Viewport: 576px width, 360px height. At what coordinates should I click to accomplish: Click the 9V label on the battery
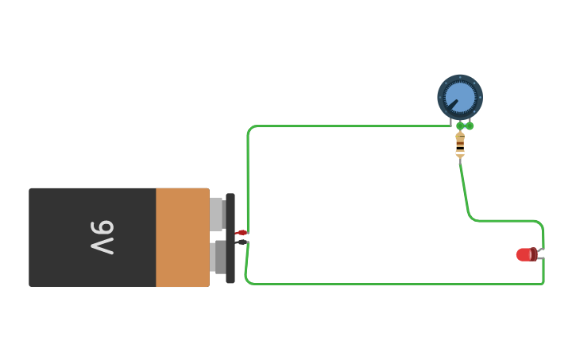pos(102,238)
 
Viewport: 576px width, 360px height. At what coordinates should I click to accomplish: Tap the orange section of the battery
pos(182,238)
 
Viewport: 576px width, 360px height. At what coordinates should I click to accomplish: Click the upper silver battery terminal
pos(216,214)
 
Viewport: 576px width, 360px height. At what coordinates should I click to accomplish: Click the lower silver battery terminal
pos(217,257)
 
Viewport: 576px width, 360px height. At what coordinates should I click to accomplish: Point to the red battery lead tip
pos(242,233)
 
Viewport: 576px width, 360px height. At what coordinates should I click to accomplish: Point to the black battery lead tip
pos(242,242)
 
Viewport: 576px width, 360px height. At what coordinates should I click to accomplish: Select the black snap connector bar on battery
pos(230,238)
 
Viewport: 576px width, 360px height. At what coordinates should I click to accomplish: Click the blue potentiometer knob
pos(461,97)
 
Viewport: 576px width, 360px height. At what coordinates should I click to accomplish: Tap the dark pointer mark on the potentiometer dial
pos(451,105)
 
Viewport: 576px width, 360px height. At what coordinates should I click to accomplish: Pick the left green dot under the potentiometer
pos(460,126)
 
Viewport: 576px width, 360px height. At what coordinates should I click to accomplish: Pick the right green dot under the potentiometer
pos(470,126)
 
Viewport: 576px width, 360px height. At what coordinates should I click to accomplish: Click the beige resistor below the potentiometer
pos(460,145)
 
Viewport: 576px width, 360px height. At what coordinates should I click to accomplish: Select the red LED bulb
pos(525,254)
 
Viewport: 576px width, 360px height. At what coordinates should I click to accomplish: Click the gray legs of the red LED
pos(540,254)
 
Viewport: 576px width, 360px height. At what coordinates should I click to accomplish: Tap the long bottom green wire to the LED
pos(397,284)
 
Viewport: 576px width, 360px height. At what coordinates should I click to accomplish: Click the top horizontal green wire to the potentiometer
pos(350,126)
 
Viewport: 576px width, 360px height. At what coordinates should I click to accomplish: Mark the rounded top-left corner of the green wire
pos(250,128)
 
